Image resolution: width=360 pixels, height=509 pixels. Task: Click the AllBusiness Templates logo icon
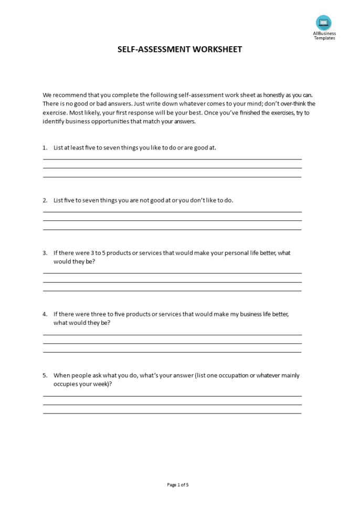click(x=324, y=23)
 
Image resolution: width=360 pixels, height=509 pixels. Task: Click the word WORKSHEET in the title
click(x=217, y=49)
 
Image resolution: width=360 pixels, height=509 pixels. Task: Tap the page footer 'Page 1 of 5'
click(x=178, y=484)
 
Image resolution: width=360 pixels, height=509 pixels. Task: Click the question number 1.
click(x=45, y=147)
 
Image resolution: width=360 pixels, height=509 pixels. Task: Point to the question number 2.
click(x=45, y=200)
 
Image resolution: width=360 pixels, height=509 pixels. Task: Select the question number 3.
click(x=45, y=252)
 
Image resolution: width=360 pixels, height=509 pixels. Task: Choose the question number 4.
click(x=45, y=314)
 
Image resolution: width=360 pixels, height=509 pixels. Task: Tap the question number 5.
click(x=45, y=375)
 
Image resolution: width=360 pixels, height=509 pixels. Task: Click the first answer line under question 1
click(x=172, y=159)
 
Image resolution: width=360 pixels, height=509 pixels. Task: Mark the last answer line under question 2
click(x=172, y=229)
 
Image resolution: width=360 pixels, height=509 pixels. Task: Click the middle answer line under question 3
click(x=172, y=282)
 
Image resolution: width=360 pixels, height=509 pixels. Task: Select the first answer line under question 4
click(x=172, y=335)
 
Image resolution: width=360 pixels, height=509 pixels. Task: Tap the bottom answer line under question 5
click(x=172, y=413)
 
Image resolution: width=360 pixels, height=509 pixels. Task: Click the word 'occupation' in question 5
click(x=231, y=375)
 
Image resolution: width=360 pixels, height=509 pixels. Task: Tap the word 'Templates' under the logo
click(x=324, y=38)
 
